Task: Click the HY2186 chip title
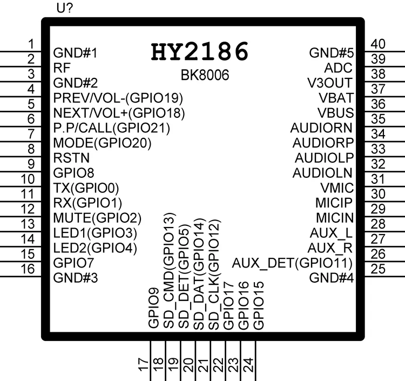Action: pos(200,52)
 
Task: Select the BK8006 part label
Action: pos(205,76)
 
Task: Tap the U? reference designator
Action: pos(65,8)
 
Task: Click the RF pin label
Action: pos(62,68)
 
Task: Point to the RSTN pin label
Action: pos(72,158)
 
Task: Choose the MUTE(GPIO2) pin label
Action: pos(97,218)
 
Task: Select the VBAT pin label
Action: pos(336,98)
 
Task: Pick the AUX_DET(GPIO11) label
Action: pos(292,263)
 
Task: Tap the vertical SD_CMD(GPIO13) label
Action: pos(169,271)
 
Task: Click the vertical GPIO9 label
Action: pos(154,309)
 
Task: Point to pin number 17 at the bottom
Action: pos(143,366)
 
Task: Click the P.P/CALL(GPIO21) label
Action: pos(112,128)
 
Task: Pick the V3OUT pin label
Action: pos(330,83)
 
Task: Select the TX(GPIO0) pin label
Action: pos(86,188)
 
